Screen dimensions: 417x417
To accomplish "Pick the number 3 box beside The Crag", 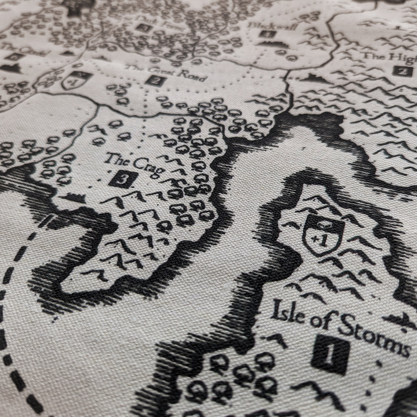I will [123, 180].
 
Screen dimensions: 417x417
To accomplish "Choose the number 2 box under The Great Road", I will [156, 81].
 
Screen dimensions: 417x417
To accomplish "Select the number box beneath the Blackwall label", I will [268, 34].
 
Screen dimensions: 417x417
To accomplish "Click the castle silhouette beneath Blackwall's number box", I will [273, 44].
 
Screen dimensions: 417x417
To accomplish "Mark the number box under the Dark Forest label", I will [143, 27].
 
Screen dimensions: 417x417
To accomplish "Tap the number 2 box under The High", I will [400, 71].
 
